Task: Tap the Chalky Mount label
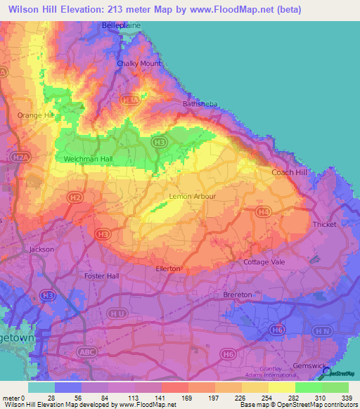[x=139, y=63]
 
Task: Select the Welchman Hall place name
[x=88, y=160]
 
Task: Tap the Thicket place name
[x=325, y=225]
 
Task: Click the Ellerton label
[x=168, y=268]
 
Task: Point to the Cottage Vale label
[x=262, y=262]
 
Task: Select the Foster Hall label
[x=102, y=275]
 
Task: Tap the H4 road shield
[x=264, y=211]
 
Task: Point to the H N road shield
[x=323, y=330]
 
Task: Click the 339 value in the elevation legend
[x=348, y=398]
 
